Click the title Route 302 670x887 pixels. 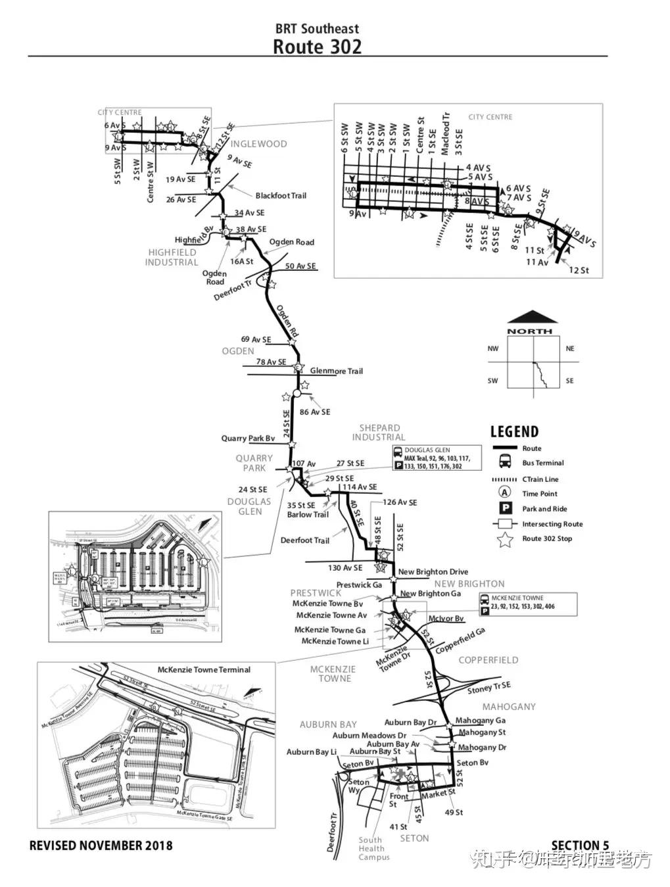[x=317, y=46]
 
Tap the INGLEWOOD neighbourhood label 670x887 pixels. [x=258, y=143]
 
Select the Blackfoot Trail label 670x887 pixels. [x=281, y=195]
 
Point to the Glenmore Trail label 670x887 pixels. [x=336, y=371]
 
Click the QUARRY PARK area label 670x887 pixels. [x=254, y=463]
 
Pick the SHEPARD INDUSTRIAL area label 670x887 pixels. [x=379, y=432]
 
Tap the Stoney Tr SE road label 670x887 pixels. [x=489, y=688]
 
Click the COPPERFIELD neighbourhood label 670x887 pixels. [x=489, y=659]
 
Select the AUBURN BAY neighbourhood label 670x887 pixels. [x=328, y=724]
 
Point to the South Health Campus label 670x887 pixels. [x=373, y=848]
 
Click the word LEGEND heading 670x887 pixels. [x=514, y=432]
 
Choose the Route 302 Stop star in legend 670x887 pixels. [x=505, y=540]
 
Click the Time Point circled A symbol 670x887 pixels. [x=505, y=492]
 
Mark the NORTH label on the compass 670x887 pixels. [x=530, y=331]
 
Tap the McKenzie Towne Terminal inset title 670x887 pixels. [x=204, y=669]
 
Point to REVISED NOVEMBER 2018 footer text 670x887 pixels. [x=101, y=846]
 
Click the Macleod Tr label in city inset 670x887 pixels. [x=445, y=135]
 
